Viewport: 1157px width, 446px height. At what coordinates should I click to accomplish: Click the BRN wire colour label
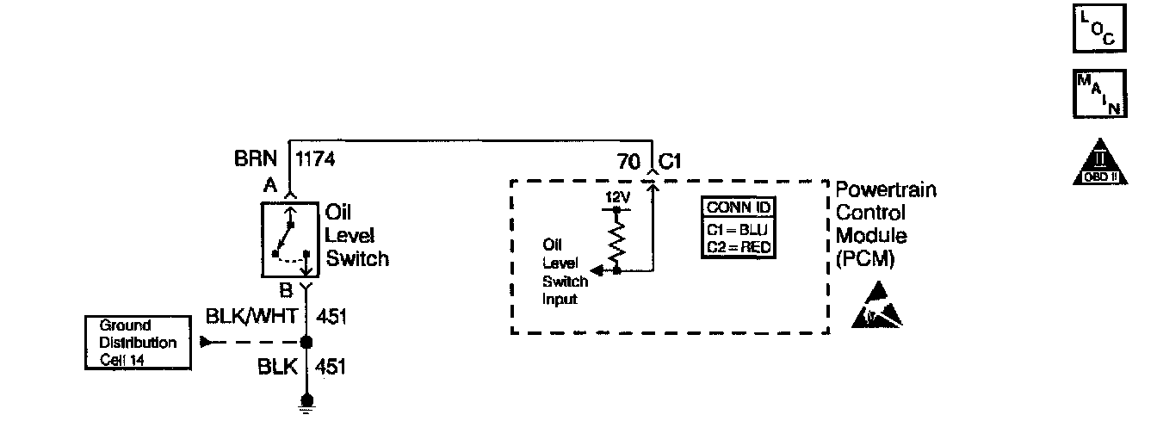point(256,159)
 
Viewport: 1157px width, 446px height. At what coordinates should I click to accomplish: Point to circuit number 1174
point(314,159)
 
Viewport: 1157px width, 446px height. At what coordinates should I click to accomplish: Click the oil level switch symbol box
point(289,241)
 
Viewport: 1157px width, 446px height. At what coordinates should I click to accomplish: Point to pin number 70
point(628,162)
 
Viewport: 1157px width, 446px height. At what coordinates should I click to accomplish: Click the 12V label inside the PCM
point(617,197)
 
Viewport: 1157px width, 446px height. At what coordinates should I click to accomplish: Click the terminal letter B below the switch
point(286,290)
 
